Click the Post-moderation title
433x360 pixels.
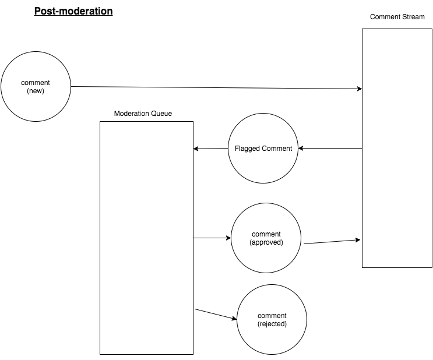pyautogui.click(x=73, y=11)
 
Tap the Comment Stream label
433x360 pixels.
pyautogui.click(x=397, y=17)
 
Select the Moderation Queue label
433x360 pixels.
pyautogui.click(x=143, y=114)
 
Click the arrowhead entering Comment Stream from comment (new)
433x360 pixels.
pyautogui.click(x=360, y=89)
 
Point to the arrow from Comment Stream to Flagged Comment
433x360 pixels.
pyautogui.click(x=330, y=148)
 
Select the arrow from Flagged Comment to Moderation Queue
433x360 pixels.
pyautogui.click(x=211, y=149)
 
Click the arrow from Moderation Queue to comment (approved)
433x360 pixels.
pyautogui.click(x=212, y=238)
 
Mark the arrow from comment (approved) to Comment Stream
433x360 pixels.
pyautogui.click(x=332, y=242)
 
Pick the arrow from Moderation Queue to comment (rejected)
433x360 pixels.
pyautogui.click(x=216, y=314)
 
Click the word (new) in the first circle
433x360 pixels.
pyautogui.click(x=36, y=91)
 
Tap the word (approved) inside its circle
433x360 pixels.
pyautogui.click(x=266, y=242)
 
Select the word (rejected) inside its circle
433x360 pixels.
pyautogui.click(x=272, y=324)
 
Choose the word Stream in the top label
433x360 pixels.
pyautogui.click(x=413, y=17)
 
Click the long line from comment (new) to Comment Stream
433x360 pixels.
pyautogui.click(x=217, y=88)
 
